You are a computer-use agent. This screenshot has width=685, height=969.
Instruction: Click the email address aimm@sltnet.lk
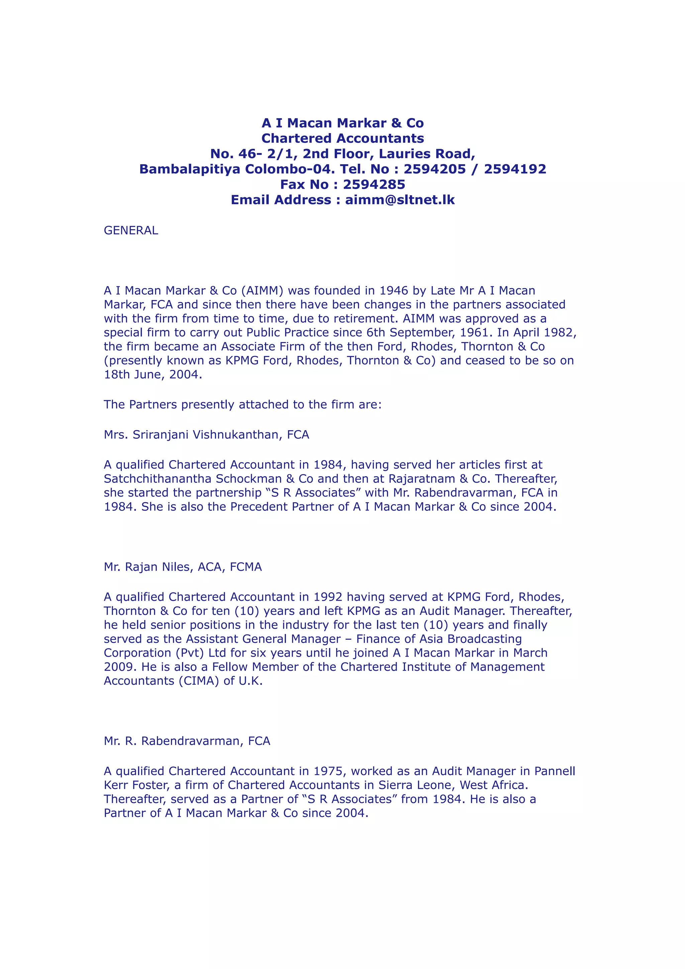click(400, 200)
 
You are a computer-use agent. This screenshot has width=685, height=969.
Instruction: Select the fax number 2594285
click(374, 185)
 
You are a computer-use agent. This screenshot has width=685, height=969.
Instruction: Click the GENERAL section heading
click(131, 230)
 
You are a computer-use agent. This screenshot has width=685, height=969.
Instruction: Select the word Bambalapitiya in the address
click(190, 169)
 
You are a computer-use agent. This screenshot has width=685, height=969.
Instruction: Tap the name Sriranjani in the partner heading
click(161, 434)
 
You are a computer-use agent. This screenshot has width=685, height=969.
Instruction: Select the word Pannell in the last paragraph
click(555, 771)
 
